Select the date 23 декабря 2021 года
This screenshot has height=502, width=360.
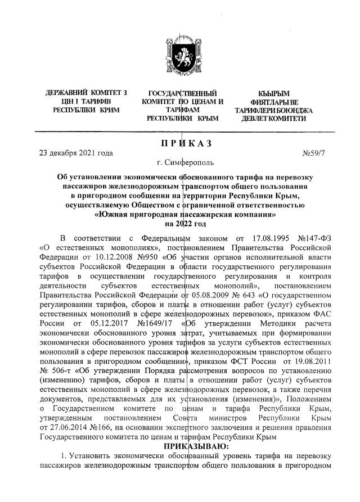pos(75,153)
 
